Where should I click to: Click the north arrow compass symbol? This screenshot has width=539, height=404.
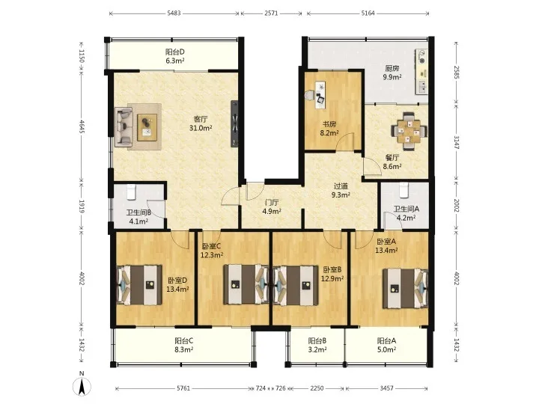pos(82,387)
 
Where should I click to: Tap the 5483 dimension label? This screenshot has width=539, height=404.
pos(174,13)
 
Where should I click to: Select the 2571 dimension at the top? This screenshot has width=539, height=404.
pos(271,13)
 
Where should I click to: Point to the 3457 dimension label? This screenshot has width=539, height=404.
pos(387,388)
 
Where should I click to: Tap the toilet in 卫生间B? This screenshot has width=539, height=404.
pos(130,192)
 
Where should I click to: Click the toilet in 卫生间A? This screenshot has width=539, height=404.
pos(404,189)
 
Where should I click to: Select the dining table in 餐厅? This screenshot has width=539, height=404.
pos(409,130)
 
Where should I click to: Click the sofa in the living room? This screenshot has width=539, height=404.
pos(124,126)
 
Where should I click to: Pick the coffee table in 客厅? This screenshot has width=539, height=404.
pos(147,127)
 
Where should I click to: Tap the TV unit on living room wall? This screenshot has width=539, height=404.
pos(235,123)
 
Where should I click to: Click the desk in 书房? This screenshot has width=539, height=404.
pos(320,95)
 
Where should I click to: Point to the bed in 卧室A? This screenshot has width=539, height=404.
pos(405,289)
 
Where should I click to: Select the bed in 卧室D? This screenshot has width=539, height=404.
pos(139,285)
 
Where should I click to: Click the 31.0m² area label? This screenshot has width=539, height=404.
pos(201,128)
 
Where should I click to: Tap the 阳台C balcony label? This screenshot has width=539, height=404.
pos(184,341)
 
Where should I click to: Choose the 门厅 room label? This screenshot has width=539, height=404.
pos(272,203)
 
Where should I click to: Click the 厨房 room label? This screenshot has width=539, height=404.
pos(392,68)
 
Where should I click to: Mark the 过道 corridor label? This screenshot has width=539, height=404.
pos(341,186)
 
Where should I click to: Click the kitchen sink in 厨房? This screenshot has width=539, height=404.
pos(422,87)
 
